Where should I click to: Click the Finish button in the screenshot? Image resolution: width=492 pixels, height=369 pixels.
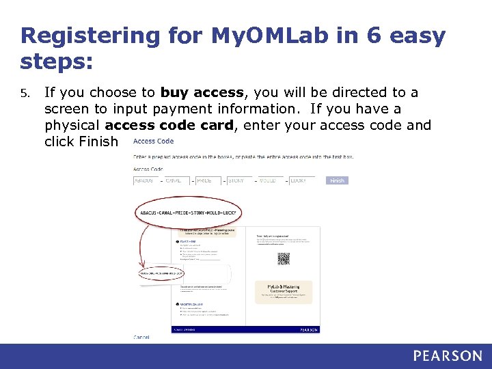[337, 180]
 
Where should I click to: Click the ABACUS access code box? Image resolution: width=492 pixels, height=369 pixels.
[144, 180]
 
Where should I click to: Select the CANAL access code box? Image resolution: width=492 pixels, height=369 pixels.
[175, 180]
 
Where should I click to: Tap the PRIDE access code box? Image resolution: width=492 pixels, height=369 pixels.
[206, 180]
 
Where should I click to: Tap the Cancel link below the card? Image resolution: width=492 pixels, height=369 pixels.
[141, 337]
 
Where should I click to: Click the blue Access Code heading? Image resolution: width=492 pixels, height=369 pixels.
[153, 141]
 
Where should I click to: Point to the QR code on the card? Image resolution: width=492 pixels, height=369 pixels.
[284, 258]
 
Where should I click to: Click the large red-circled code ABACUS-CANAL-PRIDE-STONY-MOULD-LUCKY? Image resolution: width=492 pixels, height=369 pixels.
[189, 213]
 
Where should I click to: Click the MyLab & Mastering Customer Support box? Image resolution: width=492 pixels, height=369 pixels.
[284, 292]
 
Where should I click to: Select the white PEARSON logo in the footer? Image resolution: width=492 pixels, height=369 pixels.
[447, 355]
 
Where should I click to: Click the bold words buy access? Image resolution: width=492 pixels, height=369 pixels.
[202, 92]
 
